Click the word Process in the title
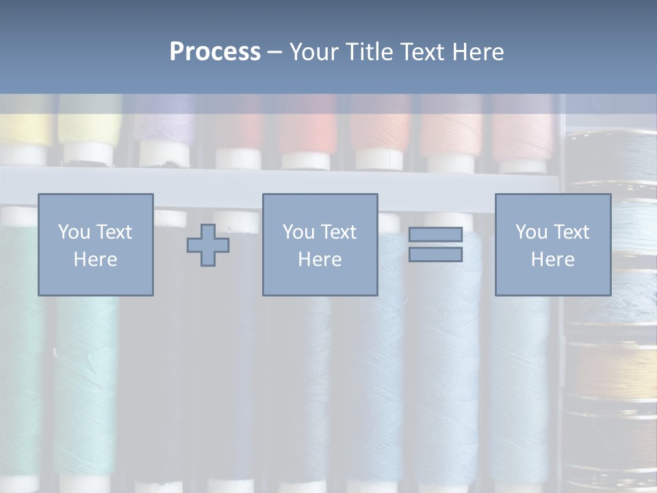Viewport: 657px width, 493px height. pyautogui.click(x=215, y=52)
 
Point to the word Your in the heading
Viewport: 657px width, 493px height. pyautogui.click(x=314, y=52)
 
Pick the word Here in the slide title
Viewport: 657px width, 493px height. pyautogui.click(x=477, y=52)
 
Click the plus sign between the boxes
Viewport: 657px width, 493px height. pyautogui.click(x=208, y=245)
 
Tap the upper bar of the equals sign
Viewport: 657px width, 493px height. pyautogui.click(x=435, y=234)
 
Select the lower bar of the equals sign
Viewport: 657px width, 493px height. pyautogui.click(x=435, y=255)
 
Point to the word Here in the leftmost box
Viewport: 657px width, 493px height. pyautogui.click(x=95, y=260)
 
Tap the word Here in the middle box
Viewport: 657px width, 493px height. pyautogui.click(x=320, y=260)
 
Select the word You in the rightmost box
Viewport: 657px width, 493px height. pyautogui.click(x=531, y=232)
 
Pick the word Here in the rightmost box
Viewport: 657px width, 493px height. pyautogui.click(x=552, y=260)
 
